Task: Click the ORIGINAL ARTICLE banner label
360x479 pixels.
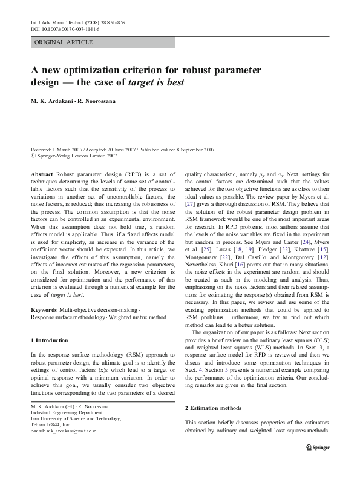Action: pos(64,42)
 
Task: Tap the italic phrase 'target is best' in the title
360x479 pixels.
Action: pos(157,82)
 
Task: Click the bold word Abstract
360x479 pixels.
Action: pos(42,173)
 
